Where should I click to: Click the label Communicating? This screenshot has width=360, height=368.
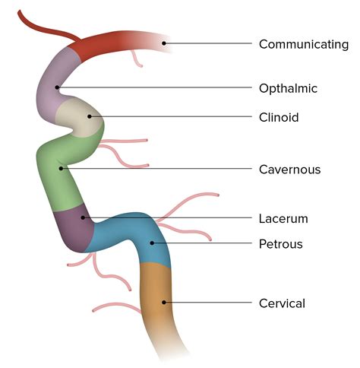[303, 44]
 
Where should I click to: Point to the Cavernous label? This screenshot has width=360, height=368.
[289, 169]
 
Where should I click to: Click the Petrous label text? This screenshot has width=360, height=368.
[281, 244]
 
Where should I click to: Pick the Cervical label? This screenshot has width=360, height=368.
[282, 303]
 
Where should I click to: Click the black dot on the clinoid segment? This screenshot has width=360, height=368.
[90, 116]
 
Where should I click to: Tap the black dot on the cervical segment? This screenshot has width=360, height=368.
[163, 303]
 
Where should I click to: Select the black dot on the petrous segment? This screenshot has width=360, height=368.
[152, 244]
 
